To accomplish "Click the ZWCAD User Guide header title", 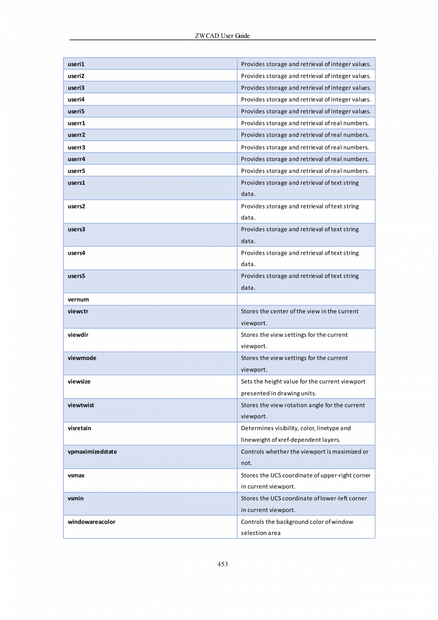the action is pyautogui.click(x=222, y=36).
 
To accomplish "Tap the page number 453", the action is pyautogui.click(x=222, y=564).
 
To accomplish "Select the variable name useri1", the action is pyautogui.click(x=76, y=64).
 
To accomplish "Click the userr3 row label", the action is pyautogui.click(x=76, y=147).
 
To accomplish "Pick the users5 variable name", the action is pyautogui.click(x=76, y=276).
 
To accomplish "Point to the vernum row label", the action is pyautogui.click(x=79, y=300).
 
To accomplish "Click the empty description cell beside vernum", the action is pyautogui.click(x=306, y=300).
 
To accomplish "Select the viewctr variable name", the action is pyautogui.click(x=78, y=311).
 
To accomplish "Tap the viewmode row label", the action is pyautogui.click(x=82, y=358).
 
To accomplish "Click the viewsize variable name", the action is pyautogui.click(x=79, y=382).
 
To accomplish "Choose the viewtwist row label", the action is pyautogui.click(x=81, y=405).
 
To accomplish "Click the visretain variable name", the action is pyautogui.click(x=80, y=428).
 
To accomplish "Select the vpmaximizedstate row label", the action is pyautogui.click(x=92, y=452).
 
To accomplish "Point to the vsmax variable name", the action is pyautogui.click(x=76, y=475).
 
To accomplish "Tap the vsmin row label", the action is pyautogui.click(x=76, y=498).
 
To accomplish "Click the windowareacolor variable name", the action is pyautogui.click(x=91, y=522).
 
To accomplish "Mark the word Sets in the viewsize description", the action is pyautogui.click(x=247, y=382).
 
